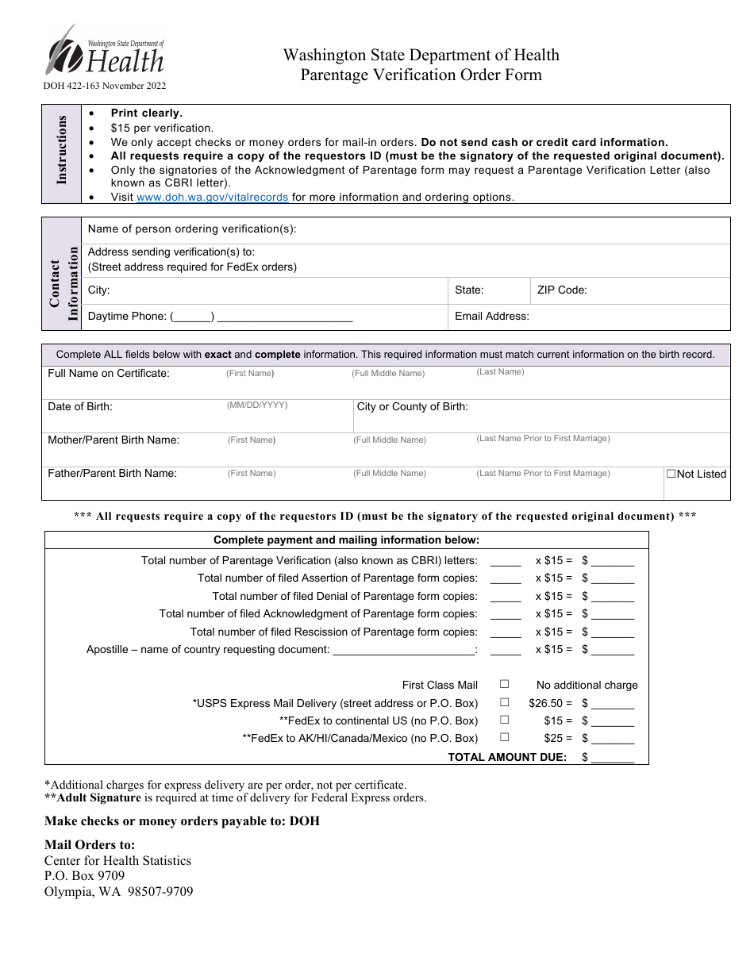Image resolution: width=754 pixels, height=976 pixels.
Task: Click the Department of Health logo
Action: point(105,52)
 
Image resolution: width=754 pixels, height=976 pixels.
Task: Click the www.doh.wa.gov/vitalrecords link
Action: point(212,197)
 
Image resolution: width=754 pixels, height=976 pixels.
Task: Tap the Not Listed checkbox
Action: point(671,474)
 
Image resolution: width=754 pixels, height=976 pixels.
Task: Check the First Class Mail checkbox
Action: point(504,684)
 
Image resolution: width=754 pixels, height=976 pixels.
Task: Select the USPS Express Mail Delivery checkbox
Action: point(504,702)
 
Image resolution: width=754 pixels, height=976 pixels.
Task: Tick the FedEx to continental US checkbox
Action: point(504,720)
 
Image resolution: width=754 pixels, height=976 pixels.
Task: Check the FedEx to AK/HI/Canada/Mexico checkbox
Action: point(504,737)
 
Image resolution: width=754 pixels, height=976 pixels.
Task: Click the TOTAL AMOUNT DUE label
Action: point(507,757)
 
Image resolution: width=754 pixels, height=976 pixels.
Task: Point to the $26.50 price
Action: point(545,703)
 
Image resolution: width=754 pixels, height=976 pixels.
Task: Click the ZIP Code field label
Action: point(562,290)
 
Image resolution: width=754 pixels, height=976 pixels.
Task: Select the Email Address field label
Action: point(491,316)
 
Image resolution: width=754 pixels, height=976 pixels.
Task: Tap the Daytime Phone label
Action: point(126,316)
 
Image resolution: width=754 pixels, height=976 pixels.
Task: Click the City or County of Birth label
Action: point(412,406)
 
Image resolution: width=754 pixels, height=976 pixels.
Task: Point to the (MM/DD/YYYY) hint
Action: point(257,405)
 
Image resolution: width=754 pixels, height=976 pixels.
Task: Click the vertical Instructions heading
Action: point(62,150)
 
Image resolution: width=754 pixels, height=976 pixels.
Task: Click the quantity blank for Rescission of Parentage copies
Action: point(506,633)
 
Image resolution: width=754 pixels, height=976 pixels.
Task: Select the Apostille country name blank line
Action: point(403,651)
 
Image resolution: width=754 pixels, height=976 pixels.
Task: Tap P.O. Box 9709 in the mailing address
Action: point(84,876)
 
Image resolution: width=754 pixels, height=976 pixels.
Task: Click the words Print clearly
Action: point(146,113)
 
